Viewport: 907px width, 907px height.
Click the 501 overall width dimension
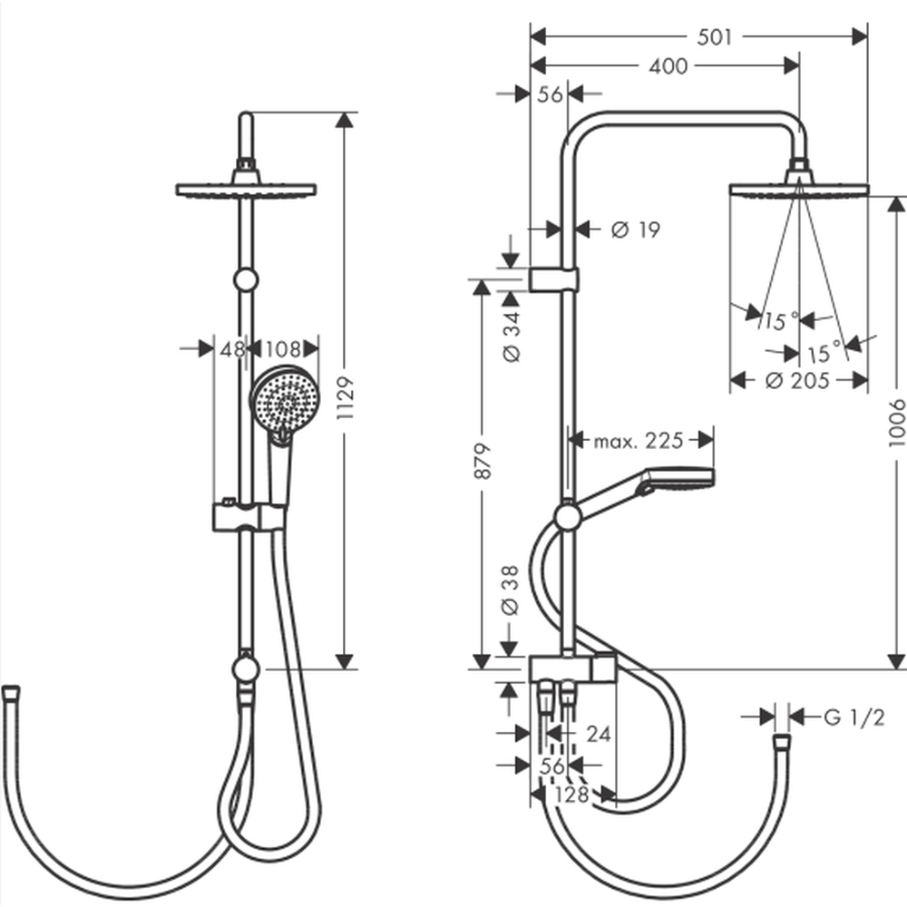(715, 37)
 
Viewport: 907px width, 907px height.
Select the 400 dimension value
(668, 66)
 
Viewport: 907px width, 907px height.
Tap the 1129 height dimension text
(346, 397)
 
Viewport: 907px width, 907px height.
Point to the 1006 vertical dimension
(897, 423)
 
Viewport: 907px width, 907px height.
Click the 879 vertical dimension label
(483, 461)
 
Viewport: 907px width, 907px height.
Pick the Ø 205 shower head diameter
(797, 381)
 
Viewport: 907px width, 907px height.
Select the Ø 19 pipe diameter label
(635, 229)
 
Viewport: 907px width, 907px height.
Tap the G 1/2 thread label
(853, 717)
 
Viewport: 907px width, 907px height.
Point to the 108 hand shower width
(283, 349)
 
